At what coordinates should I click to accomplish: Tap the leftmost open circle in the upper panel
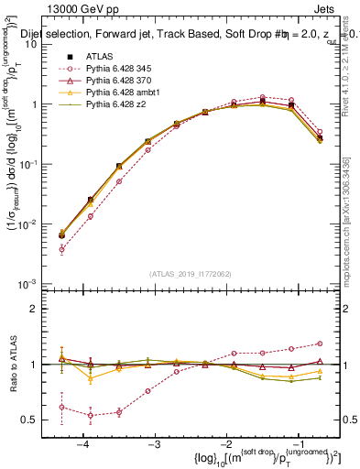point(62,249)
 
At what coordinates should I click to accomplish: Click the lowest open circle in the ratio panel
point(91,415)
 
